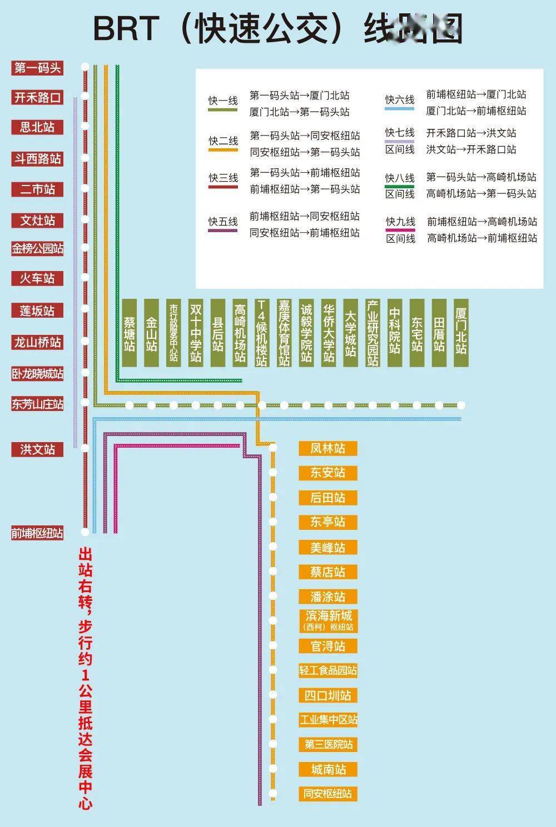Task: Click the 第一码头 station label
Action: pos(37,68)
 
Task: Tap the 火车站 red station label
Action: pos(37,278)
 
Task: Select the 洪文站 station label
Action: pos(37,449)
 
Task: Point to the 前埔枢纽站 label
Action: pos(37,533)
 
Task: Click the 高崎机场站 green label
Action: pos(240,333)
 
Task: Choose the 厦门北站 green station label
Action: pos(461,333)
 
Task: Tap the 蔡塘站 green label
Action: pos(129,333)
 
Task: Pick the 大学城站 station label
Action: pos(350,333)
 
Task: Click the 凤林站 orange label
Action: pos(327,448)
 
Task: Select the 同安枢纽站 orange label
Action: pos(327,794)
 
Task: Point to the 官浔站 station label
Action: pos(327,646)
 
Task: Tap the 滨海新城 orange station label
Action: pos(327,620)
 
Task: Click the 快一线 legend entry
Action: pos(223,101)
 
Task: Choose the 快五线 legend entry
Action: pos(223,222)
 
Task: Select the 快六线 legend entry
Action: pos(400,101)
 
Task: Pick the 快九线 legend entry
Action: pos(400,222)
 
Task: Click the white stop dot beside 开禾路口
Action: pos(85,97)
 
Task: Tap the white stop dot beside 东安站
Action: pos(272,473)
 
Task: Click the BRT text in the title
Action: pos(126,28)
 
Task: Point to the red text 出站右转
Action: pos(86,578)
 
